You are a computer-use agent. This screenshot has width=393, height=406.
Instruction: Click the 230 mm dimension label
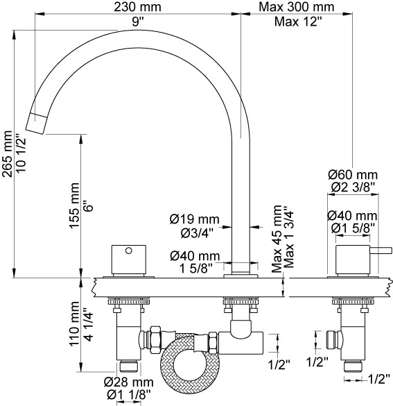tap(137, 7)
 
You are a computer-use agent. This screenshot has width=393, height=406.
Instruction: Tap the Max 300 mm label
tap(296, 7)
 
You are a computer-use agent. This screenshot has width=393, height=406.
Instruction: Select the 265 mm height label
tap(7, 154)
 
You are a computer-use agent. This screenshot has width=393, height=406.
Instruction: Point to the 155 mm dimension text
tap(74, 205)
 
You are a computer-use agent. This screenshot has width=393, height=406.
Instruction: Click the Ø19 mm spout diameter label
tap(195, 219)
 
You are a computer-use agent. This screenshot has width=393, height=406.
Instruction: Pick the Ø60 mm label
tap(353, 175)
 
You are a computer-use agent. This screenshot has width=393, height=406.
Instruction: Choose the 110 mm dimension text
tap(74, 323)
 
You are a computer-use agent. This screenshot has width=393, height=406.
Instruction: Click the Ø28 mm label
tap(128, 382)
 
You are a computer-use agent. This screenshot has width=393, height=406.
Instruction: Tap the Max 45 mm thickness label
tap(277, 239)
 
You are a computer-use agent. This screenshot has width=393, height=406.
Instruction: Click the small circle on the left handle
tap(128, 251)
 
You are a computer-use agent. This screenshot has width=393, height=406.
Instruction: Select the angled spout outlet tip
tap(37, 124)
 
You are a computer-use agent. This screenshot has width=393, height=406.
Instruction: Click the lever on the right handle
tap(381, 251)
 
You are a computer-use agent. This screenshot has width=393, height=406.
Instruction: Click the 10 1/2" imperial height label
tap(21, 153)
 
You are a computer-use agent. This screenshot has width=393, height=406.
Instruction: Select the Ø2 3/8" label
tap(353, 187)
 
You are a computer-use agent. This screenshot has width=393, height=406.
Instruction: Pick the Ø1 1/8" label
tap(128, 395)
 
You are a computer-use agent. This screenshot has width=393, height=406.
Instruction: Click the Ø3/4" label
tap(197, 233)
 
